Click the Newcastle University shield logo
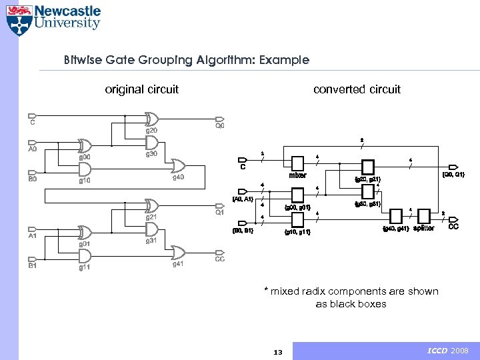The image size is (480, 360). click(x=18, y=19)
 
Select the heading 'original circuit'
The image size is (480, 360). click(x=142, y=89)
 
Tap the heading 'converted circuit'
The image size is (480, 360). click(x=357, y=89)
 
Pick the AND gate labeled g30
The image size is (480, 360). click(x=151, y=142)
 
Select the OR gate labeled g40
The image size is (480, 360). click(x=179, y=165)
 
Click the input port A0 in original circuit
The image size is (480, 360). click(x=33, y=142)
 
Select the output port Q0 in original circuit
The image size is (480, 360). click(x=219, y=118)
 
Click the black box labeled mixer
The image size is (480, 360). click(x=297, y=163)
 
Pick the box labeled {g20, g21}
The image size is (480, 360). click(x=367, y=167)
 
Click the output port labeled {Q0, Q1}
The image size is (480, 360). click(x=456, y=166)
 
